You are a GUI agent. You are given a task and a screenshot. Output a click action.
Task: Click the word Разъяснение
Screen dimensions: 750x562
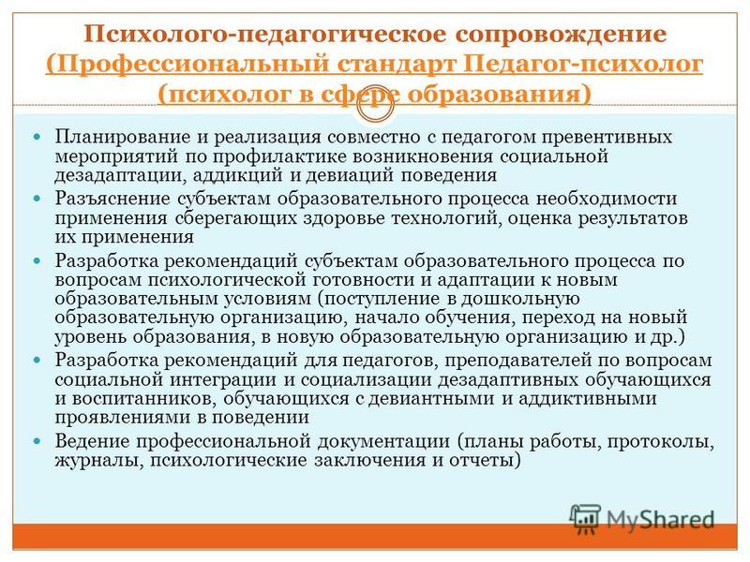(x=112, y=199)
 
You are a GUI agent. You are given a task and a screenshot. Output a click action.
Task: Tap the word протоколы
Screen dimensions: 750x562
(x=661, y=441)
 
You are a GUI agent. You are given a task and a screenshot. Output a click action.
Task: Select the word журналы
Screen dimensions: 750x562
(x=99, y=460)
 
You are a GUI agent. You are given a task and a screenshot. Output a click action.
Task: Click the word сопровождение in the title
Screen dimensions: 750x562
(x=561, y=35)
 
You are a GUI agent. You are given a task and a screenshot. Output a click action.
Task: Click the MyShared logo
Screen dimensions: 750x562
(x=642, y=518)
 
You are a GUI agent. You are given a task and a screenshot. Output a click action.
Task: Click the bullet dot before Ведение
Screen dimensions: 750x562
(x=37, y=441)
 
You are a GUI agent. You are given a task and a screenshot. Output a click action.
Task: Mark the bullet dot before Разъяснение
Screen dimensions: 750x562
(x=37, y=199)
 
